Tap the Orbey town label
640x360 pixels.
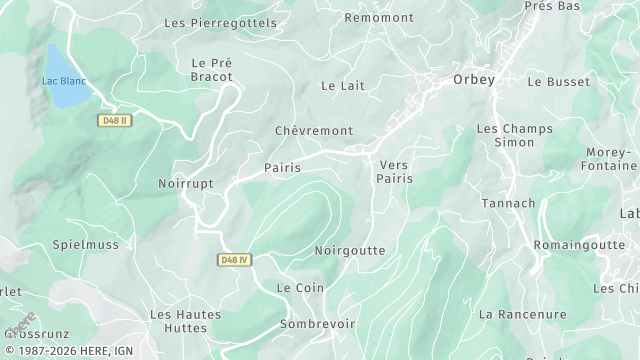tap(473, 80)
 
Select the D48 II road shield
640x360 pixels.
tap(116, 119)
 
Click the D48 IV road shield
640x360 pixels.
tap(233, 260)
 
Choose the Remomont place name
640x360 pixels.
tap(378, 17)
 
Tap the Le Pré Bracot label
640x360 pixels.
tap(211, 69)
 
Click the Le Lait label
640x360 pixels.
tap(342, 86)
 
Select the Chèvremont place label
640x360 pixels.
tap(314, 131)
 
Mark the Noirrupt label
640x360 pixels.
tap(187, 184)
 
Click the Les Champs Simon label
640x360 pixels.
tap(515, 136)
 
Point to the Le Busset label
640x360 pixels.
tap(553, 81)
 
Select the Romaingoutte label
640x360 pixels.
tap(579, 244)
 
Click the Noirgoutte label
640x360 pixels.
tap(349, 250)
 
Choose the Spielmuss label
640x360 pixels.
tap(85, 244)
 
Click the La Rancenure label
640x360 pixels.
tap(522, 314)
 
